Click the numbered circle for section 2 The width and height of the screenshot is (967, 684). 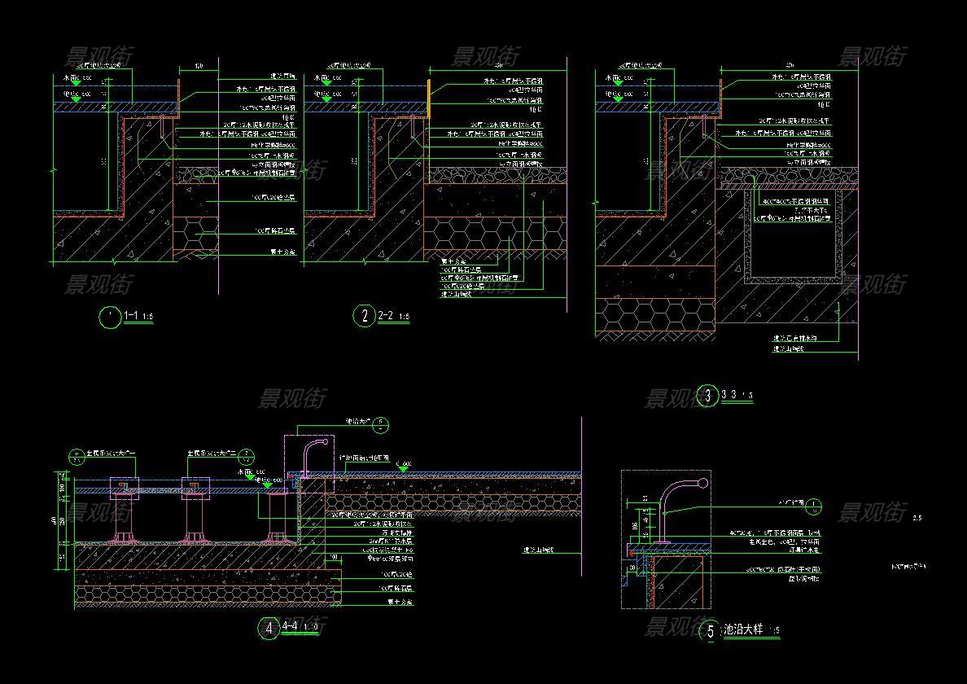364,316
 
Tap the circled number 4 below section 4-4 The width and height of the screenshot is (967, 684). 268,628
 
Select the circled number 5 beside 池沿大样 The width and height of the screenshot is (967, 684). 711,631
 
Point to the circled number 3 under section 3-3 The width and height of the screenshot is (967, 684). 707,397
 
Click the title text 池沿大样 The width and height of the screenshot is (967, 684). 745,629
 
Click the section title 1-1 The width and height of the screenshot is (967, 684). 130,315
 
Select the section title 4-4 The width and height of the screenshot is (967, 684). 289,627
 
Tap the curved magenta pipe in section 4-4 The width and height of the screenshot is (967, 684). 313,450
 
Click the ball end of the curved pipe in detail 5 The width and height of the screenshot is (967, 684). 702,483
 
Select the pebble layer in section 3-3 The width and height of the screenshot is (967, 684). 790,176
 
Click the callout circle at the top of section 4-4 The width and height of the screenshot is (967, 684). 383,423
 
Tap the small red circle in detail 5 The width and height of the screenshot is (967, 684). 632,552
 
